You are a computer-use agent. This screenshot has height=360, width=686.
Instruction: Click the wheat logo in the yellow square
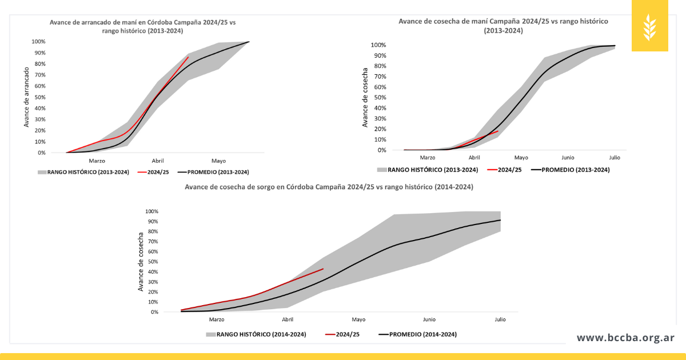click(x=650, y=26)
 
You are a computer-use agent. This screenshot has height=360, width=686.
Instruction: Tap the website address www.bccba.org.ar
click(x=625, y=338)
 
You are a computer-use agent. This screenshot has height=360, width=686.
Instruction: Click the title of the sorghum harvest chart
click(x=328, y=187)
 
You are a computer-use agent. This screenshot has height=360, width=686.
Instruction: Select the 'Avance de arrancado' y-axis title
click(x=26, y=97)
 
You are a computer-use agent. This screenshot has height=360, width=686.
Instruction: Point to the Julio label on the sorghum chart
click(x=500, y=320)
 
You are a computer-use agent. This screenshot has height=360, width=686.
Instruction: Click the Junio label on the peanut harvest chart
click(x=568, y=158)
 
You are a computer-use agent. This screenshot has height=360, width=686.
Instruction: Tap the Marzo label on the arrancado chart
click(x=97, y=161)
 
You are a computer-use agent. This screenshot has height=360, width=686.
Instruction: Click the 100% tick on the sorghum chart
click(x=151, y=211)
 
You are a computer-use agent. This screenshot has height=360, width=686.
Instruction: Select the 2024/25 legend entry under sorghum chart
click(x=343, y=334)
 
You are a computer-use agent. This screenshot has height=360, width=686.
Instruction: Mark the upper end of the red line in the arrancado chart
click(x=188, y=57)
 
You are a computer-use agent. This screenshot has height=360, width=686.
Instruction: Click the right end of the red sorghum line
click(x=323, y=269)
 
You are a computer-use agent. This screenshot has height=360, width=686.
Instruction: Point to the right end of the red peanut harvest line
click(x=498, y=131)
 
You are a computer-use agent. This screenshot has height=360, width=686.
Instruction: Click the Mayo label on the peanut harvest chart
click(x=521, y=158)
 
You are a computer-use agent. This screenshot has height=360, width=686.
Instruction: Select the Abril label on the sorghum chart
click(x=288, y=320)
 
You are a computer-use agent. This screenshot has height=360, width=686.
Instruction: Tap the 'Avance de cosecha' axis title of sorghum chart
click(x=141, y=262)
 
